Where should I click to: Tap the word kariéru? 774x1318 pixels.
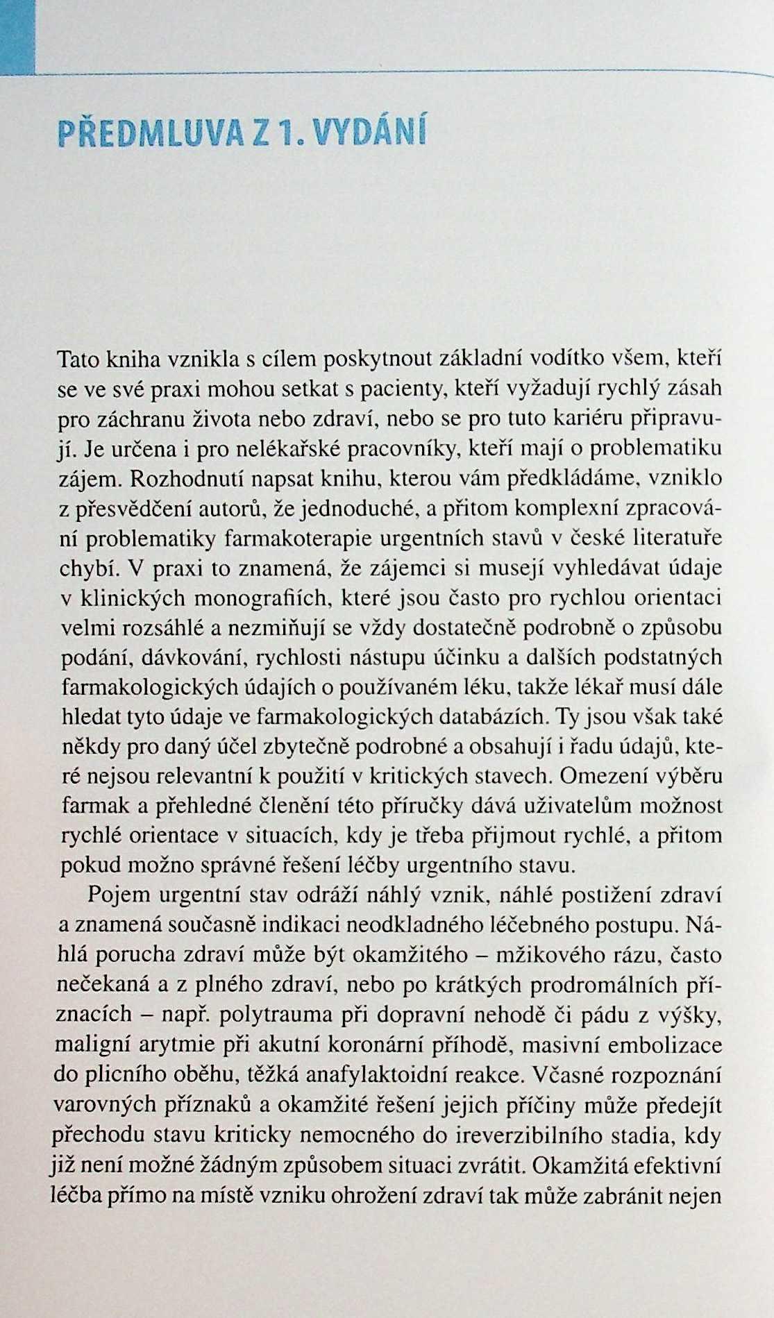pyautogui.click(x=583, y=418)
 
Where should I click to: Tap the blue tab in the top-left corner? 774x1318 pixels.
pyautogui.click(x=15, y=35)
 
